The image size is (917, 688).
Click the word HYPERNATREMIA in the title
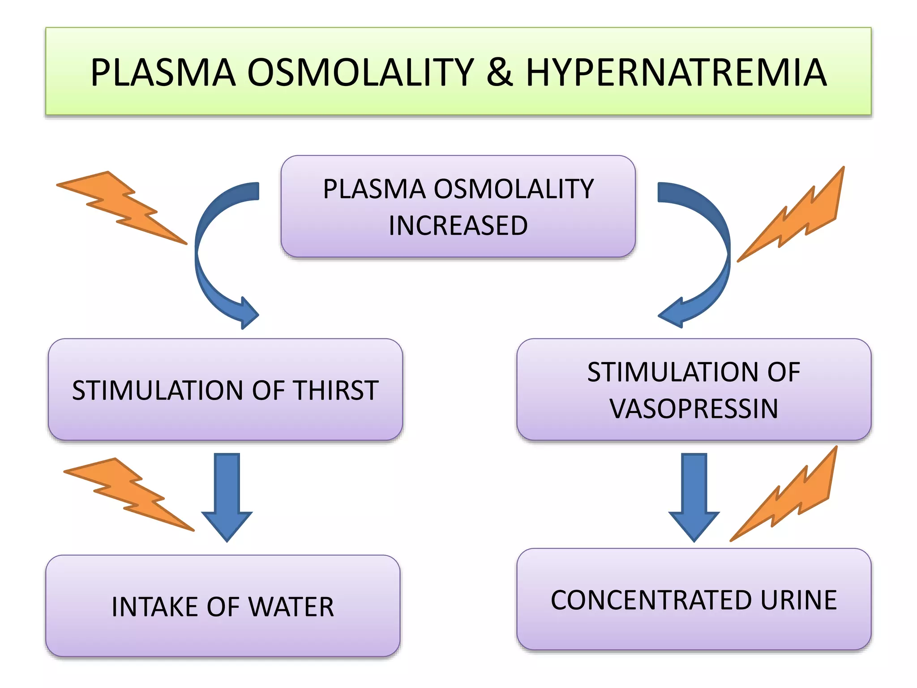676,73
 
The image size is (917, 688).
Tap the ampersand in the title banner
499,73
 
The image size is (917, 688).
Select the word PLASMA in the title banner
163,73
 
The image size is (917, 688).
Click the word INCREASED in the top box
458,225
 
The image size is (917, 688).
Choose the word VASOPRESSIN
694,408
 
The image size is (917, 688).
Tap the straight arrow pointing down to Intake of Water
227,497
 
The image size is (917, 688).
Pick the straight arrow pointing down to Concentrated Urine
694,497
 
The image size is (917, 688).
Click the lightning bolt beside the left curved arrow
121,206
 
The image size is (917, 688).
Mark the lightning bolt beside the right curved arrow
801,215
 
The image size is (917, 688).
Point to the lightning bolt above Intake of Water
128,493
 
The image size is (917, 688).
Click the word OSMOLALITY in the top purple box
514,189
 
